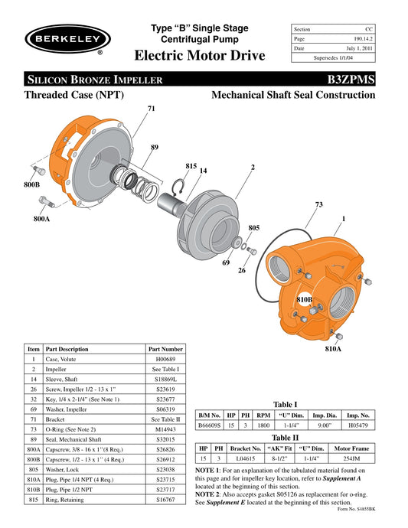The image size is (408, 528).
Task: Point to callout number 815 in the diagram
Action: pos(191,165)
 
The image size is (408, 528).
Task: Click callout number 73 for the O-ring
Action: pos(319,204)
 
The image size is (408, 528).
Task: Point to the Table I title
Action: pos(285,405)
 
